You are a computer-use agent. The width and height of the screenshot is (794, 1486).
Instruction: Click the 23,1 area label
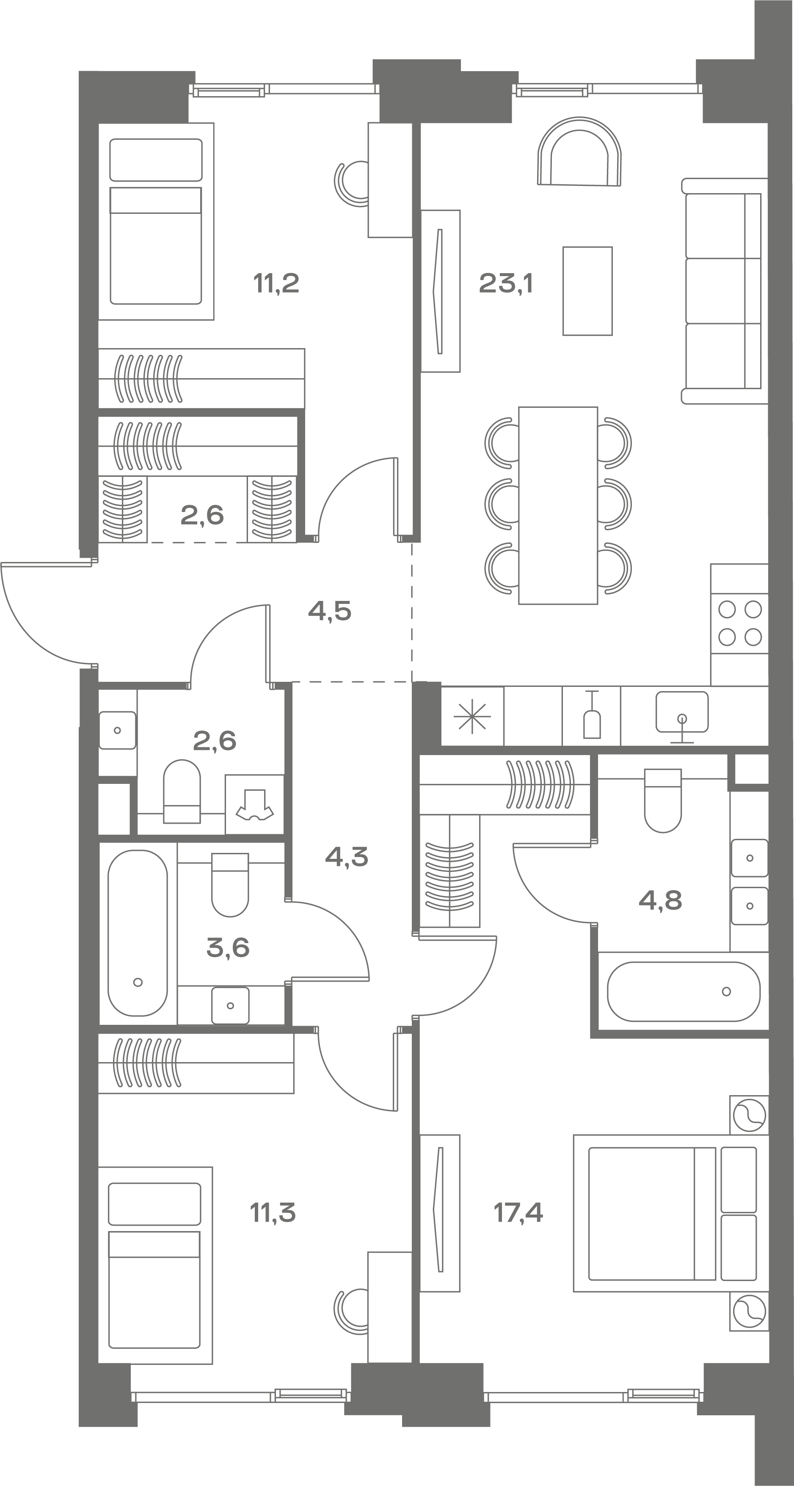[x=506, y=284]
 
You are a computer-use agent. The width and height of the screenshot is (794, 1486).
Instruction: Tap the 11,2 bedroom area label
[x=276, y=284]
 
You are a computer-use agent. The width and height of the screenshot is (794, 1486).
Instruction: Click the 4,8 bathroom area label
[x=660, y=900]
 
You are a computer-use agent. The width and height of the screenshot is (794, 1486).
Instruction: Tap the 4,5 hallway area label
[x=330, y=610]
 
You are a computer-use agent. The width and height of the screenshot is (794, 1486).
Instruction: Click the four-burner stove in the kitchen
[x=740, y=623]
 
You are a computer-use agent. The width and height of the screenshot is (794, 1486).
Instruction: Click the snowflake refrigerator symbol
[x=472, y=717]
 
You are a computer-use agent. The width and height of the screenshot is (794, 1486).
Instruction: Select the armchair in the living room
[x=579, y=151]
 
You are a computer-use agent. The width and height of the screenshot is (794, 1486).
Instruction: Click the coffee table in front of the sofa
[x=587, y=291]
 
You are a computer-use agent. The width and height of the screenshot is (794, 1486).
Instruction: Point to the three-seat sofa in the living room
[x=724, y=291]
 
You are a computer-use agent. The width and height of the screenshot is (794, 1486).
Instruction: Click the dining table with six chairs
[x=557, y=505]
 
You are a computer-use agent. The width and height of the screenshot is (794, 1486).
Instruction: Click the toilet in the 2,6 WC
[x=182, y=791]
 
